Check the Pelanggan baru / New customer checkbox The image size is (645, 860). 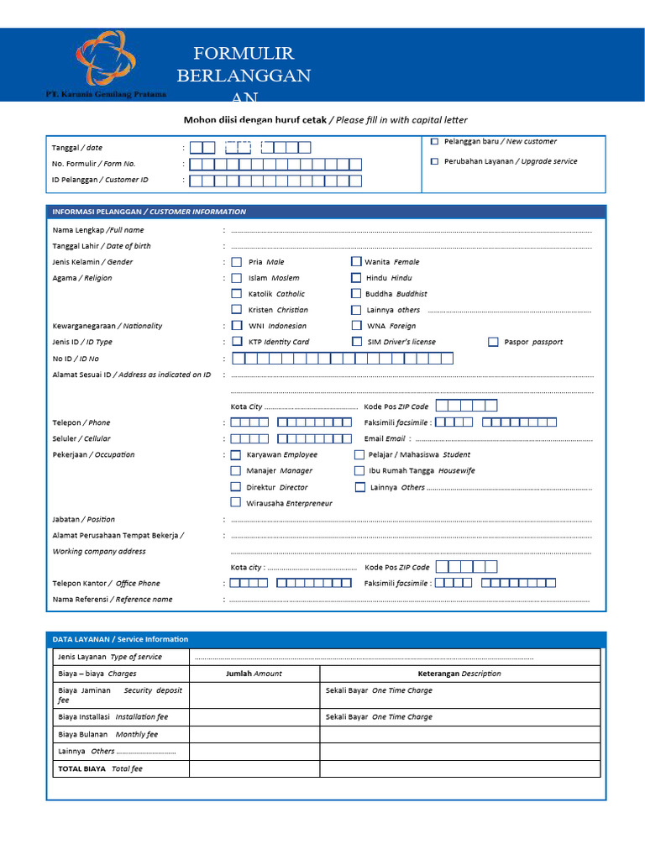tap(434, 142)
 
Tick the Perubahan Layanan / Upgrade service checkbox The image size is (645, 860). tap(434, 161)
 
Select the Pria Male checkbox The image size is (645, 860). tap(237, 262)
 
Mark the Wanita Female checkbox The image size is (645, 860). tap(356, 262)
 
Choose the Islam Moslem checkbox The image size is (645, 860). tap(237, 278)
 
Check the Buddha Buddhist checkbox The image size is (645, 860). tap(356, 294)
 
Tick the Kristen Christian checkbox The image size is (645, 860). tap(237, 310)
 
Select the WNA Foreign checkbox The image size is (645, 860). tap(356, 326)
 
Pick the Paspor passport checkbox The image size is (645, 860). tap(493, 342)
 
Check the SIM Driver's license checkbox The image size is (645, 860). tap(356, 342)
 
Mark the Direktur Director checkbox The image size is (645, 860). tap(236, 487)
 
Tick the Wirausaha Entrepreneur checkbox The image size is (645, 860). tap(236, 503)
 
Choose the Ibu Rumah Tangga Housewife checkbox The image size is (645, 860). tap(359, 471)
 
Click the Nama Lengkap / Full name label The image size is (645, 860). tap(98, 230)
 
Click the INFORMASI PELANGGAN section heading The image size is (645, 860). tap(149, 212)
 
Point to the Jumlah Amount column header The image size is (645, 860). tap(254, 674)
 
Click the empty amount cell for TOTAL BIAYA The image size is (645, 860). tap(254, 768)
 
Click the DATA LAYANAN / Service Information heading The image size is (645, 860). tap(120, 639)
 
